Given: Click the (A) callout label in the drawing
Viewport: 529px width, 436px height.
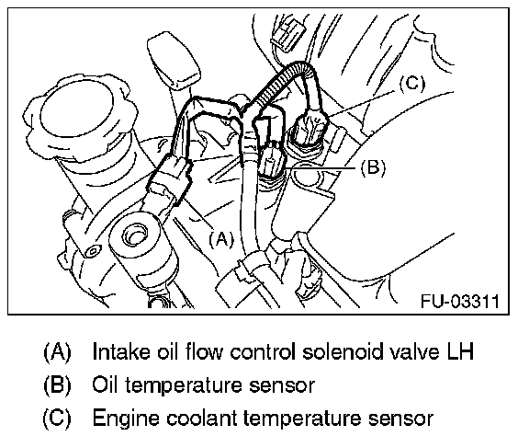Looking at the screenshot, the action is (x=221, y=239).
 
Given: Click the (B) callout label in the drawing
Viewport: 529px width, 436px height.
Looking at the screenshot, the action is (x=373, y=167).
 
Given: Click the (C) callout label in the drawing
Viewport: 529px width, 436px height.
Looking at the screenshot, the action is (x=412, y=83).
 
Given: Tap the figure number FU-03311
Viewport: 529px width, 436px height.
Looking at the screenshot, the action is (x=460, y=301).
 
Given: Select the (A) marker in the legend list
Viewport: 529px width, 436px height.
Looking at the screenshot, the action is (x=57, y=352).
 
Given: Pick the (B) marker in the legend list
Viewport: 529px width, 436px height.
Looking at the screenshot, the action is (x=57, y=385).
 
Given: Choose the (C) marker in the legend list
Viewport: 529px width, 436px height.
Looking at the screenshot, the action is (x=57, y=419).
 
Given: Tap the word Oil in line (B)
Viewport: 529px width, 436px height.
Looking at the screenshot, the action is (x=105, y=384).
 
